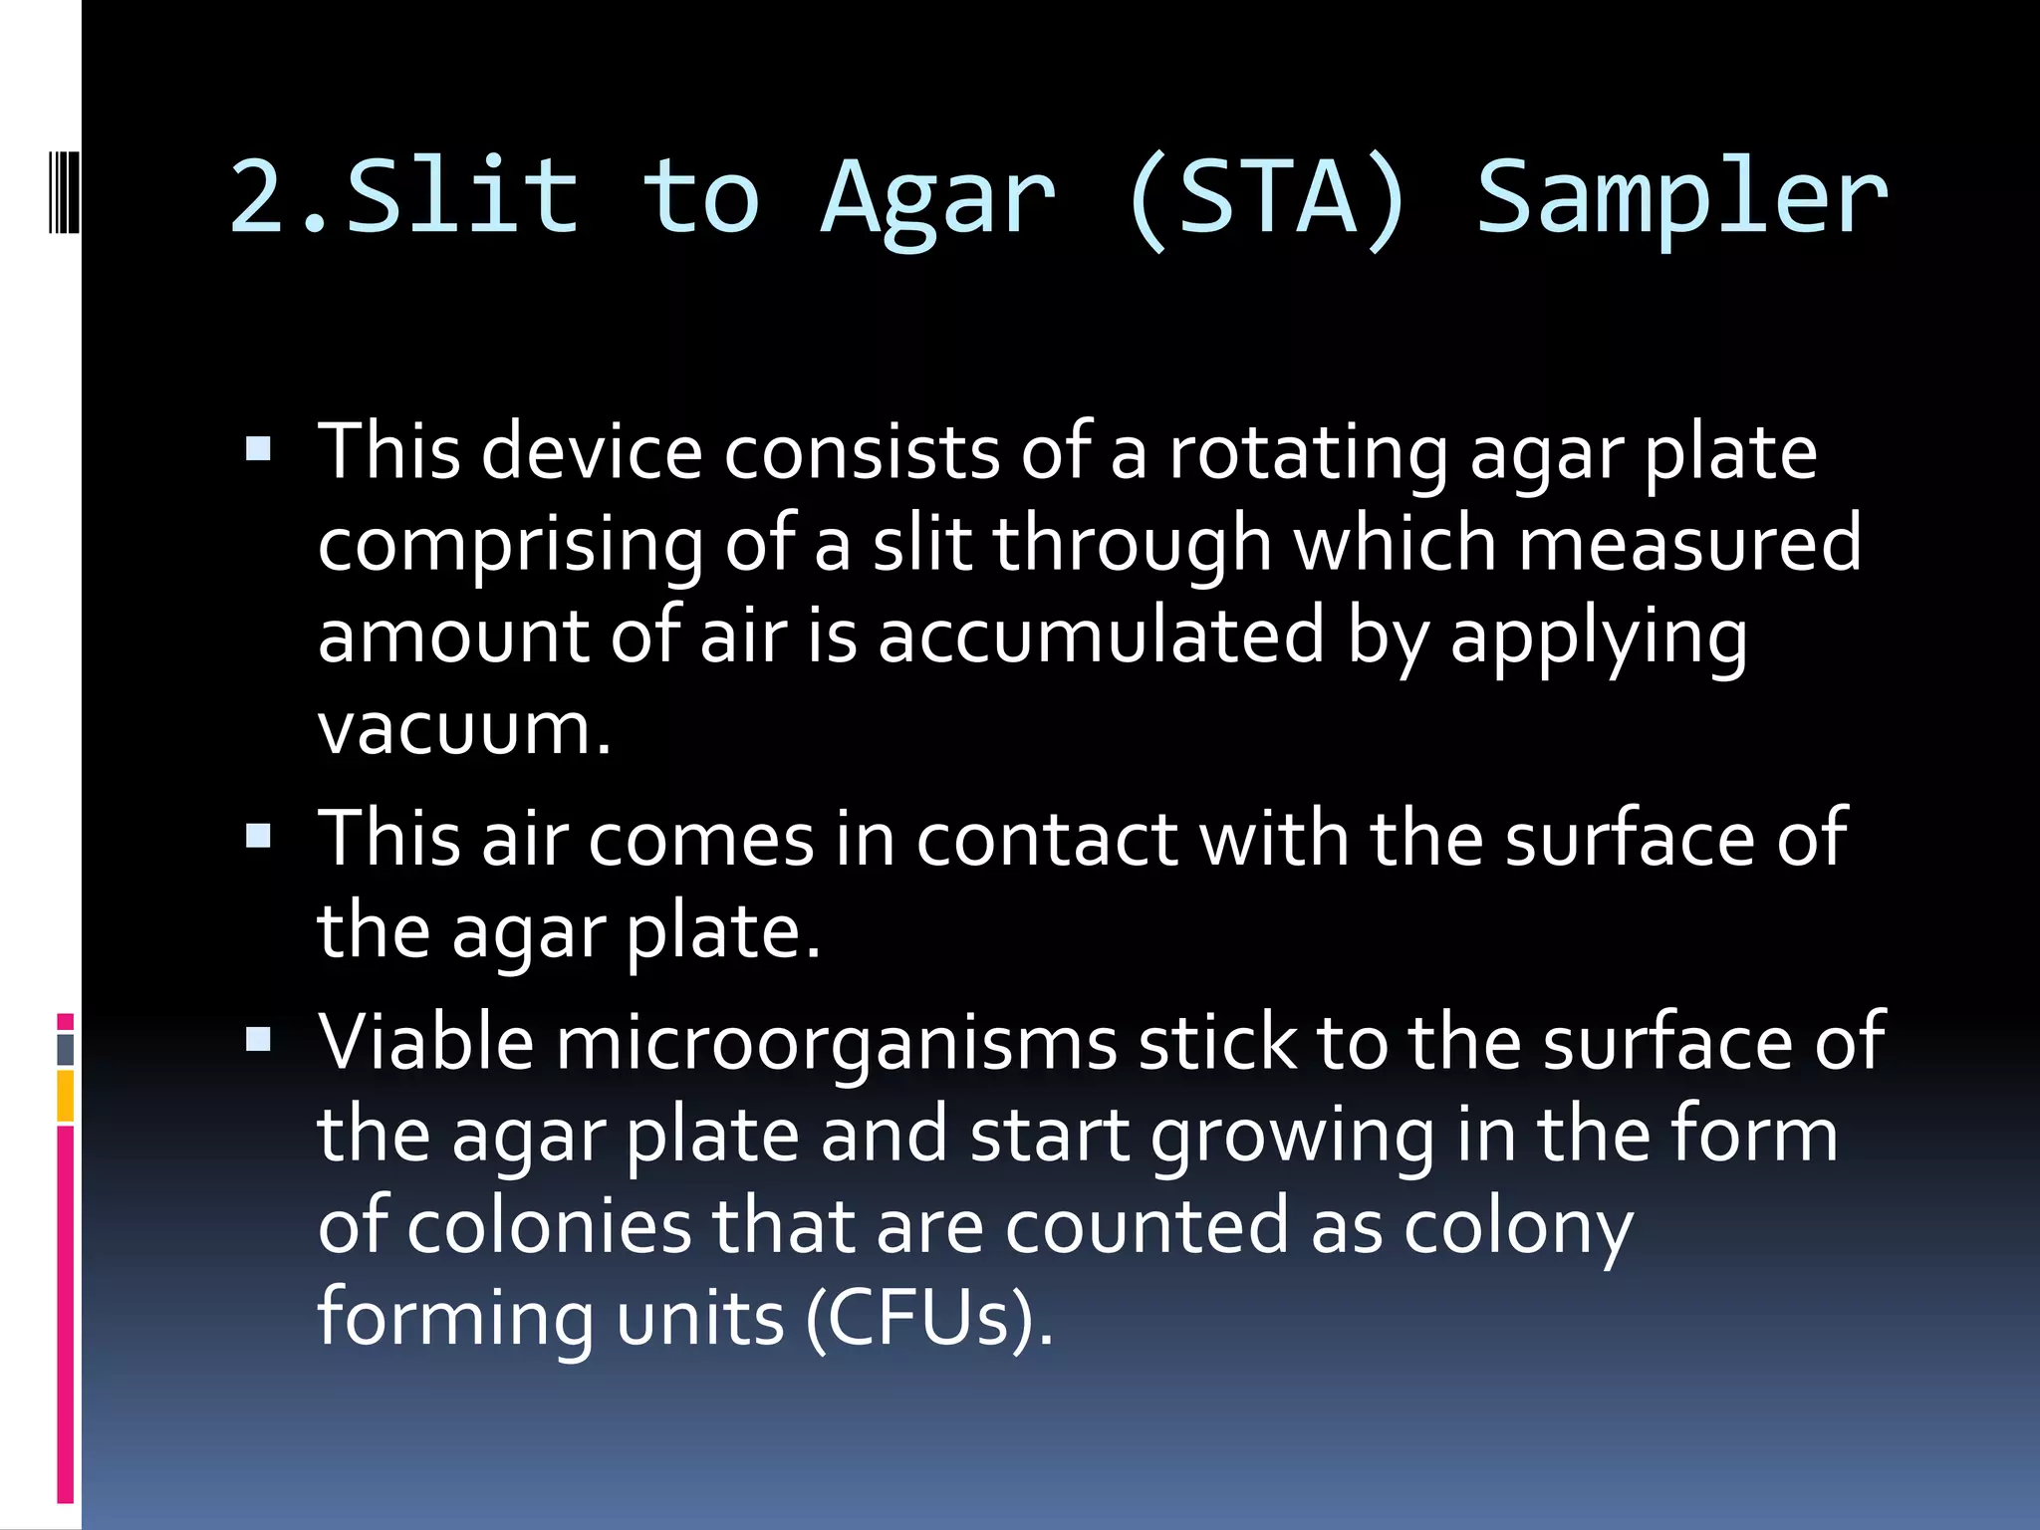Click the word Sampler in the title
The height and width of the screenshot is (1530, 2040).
click(1680, 199)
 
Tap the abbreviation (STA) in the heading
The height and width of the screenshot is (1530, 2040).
click(1266, 199)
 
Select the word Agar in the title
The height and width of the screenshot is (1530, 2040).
click(937, 199)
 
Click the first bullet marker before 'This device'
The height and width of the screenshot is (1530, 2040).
click(259, 450)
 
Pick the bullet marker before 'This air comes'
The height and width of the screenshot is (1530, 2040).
click(259, 836)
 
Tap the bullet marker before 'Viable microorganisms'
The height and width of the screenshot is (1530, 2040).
click(259, 1040)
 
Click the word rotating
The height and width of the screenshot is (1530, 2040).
click(1308, 453)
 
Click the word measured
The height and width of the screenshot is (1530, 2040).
click(1689, 544)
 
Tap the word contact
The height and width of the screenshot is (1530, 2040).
click(1047, 839)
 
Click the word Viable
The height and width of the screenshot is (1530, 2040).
click(425, 1042)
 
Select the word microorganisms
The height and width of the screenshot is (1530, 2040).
click(836, 1044)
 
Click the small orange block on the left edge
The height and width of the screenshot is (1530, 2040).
click(66, 1096)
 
